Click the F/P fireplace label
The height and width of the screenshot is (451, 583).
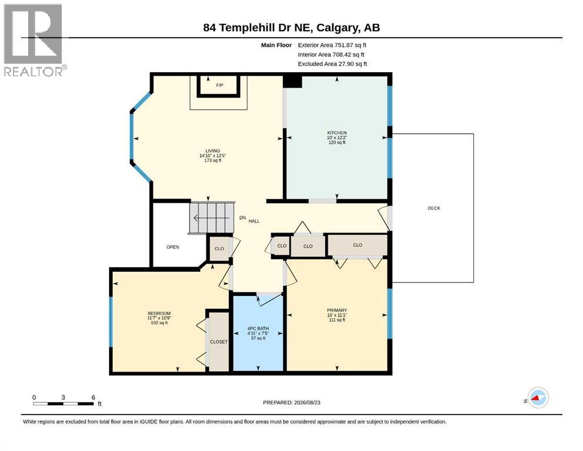coord(220,86)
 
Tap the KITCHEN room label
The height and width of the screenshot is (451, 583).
coord(337,133)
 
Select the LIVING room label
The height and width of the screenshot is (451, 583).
coord(213,151)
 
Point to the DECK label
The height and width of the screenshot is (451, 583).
coord(434,208)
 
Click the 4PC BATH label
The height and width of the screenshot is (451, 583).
coord(258,329)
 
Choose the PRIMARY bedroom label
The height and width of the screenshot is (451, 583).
coord(337,311)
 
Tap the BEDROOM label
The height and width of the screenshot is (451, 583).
coord(159,314)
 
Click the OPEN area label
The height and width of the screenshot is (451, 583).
coord(173,247)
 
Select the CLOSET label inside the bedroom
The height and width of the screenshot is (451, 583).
coord(218,342)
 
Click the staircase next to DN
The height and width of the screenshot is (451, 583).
coord(212,218)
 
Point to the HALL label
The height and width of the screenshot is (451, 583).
coord(254,221)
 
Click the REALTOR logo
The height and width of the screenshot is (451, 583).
coord(35,41)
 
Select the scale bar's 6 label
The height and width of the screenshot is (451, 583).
coord(93,397)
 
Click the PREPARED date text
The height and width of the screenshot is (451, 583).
coord(291,402)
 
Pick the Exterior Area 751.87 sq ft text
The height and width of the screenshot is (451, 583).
coord(332,45)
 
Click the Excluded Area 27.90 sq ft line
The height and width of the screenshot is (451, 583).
coord(332,64)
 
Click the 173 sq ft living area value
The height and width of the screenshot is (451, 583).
coord(213,161)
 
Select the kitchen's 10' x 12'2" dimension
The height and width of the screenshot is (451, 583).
coord(337,137)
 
